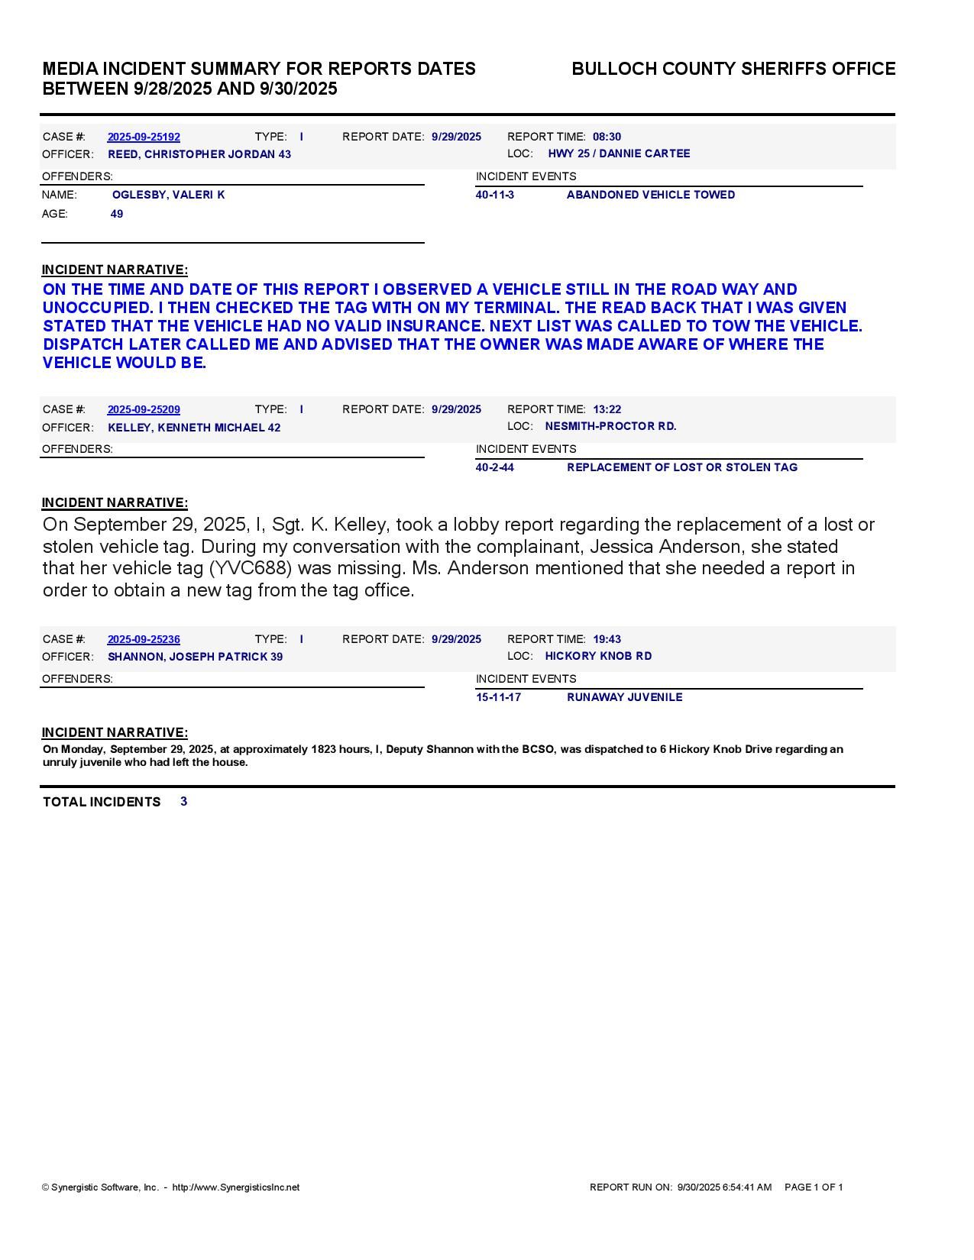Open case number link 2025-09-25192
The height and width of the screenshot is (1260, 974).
[144, 137]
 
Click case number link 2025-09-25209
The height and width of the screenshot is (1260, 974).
[144, 409]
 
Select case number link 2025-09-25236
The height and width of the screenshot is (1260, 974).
[144, 639]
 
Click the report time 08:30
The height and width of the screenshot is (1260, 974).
[607, 137]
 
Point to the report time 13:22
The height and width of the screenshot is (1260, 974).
[607, 409]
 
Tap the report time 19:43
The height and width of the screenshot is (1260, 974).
[607, 639]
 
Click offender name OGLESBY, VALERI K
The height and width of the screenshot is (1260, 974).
[168, 195]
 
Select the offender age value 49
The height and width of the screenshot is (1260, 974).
[117, 214]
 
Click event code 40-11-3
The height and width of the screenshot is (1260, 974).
[495, 195]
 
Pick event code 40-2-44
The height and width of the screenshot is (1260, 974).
[495, 467]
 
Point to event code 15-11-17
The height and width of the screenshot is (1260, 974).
[498, 697]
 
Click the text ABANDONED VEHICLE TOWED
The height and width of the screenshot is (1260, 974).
[651, 195]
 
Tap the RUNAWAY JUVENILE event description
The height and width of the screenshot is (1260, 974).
[624, 697]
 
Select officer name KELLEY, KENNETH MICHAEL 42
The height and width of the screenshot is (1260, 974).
[194, 428]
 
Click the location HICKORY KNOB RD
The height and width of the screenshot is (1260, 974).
[598, 656]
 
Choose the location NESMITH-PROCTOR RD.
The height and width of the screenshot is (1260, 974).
[610, 426]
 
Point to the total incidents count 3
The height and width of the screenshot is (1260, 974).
[184, 801]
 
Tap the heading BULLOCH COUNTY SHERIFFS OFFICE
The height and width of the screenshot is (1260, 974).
[733, 69]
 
